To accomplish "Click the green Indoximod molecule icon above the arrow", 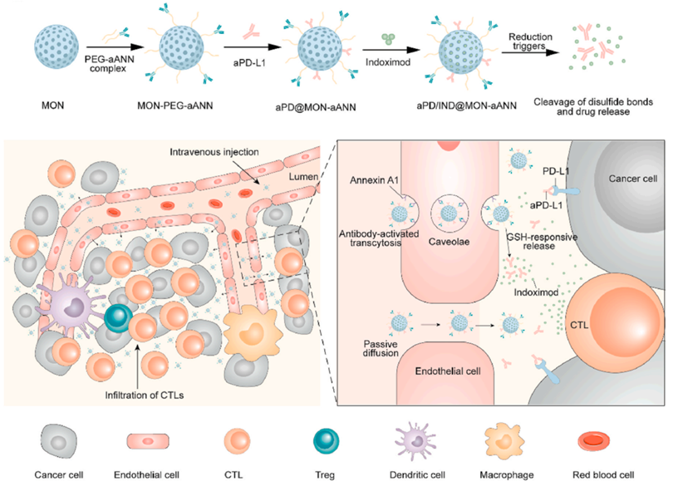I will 388,37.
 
